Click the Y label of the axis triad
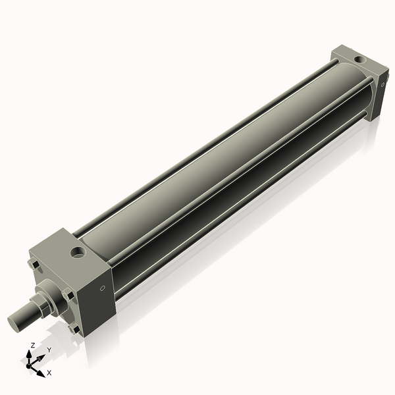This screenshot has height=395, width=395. point(49,350)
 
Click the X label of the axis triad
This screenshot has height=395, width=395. point(49,373)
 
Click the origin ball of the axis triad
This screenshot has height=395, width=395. point(31,365)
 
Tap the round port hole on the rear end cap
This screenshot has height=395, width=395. point(358,60)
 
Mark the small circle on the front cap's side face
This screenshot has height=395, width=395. point(102,288)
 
